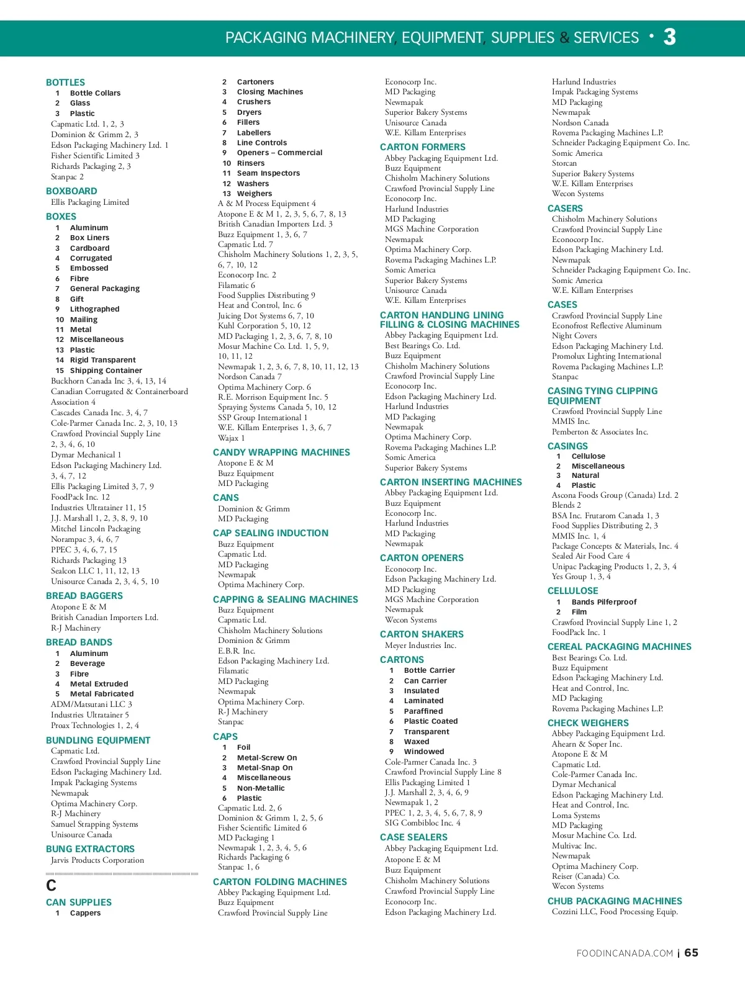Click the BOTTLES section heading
click(x=65, y=83)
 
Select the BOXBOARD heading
click(x=71, y=191)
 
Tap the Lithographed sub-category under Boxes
click(x=94, y=309)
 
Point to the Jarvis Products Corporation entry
click(x=97, y=860)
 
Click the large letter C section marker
click(x=52, y=886)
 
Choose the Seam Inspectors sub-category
click(x=268, y=173)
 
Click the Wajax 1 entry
click(x=231, y=438)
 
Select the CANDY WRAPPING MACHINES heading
click(x=281, y=452)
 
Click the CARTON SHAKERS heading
click(x=422, y=634)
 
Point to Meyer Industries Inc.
click(x=420, y=645)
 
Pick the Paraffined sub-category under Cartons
click(x=423, y=711)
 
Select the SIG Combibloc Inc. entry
click(x=422, y=823)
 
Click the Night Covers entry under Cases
click(x=574, y=336)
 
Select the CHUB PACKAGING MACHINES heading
click(x=615, y=901)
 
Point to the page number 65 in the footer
click(x=691, y=953)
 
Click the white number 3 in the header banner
click(x=669, y=37)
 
